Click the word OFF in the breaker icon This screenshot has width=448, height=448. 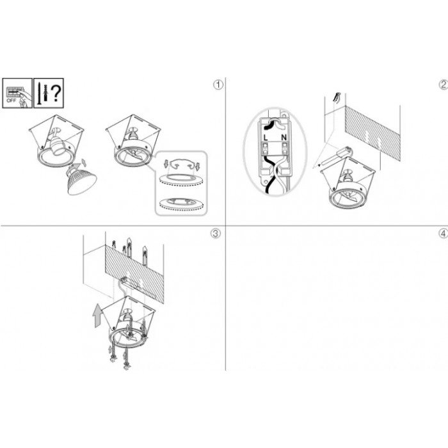tap(11, 100)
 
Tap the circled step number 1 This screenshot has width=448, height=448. tap(218, 85)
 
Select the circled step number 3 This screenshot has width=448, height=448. tap(216, 234)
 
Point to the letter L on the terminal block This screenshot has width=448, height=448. tap(266, 138)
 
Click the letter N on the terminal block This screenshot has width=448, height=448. tap(284, 138)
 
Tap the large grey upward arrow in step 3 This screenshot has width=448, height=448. tap(97, 316)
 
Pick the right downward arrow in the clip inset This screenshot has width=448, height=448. tap(197, 165)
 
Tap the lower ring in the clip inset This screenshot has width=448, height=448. tap(180, 204)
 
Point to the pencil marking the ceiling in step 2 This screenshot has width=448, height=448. tap(337, 97)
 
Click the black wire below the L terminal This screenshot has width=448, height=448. tap(267, 174)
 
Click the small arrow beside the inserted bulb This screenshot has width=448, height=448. tap(84, 162)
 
